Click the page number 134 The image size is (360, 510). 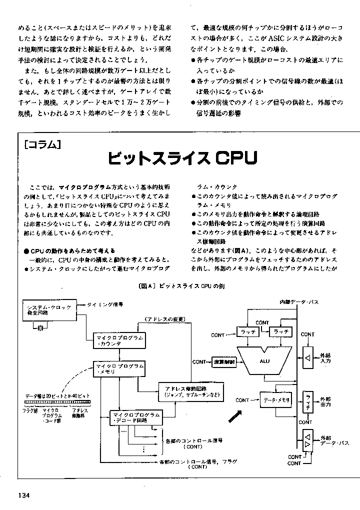click(x=24, y=495)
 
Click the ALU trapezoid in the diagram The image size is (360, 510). click(x=264, y=360)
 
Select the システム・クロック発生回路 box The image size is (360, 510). click(x=48, y=309)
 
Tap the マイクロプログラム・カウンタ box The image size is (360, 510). click(x=119, y=341)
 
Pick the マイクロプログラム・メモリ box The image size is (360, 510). click(x=119, y=369)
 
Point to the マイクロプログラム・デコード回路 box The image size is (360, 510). click(x=135, y=417)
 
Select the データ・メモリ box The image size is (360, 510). click(x=275, y=400)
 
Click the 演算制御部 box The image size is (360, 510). click(x=223, y=362)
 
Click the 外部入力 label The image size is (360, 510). click(x=325, y=357)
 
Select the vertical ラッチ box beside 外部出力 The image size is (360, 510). click(x=308, y=402)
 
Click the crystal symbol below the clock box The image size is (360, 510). click(x=39, y=327)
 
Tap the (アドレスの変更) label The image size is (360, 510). click(x=165, y=319)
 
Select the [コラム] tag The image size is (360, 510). click(x=42, y=145)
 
